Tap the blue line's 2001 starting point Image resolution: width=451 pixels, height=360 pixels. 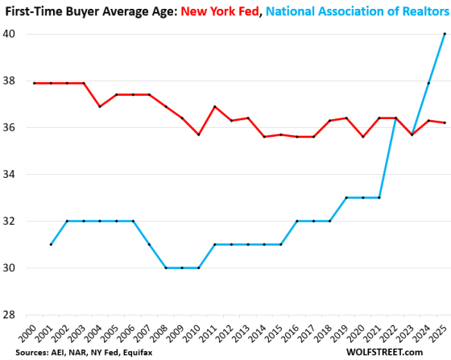50,244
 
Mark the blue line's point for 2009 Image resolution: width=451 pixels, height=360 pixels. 182,267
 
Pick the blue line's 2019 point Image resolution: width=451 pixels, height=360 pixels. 345,197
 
